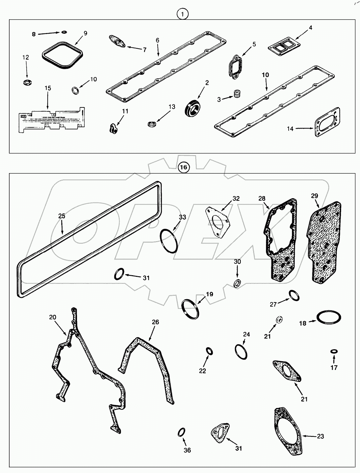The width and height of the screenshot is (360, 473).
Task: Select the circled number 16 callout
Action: (183, 167)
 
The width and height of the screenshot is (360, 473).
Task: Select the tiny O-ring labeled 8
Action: (64, 32)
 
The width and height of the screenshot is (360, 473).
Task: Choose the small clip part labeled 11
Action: (113, 129)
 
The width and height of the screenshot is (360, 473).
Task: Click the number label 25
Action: (62, 216)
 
